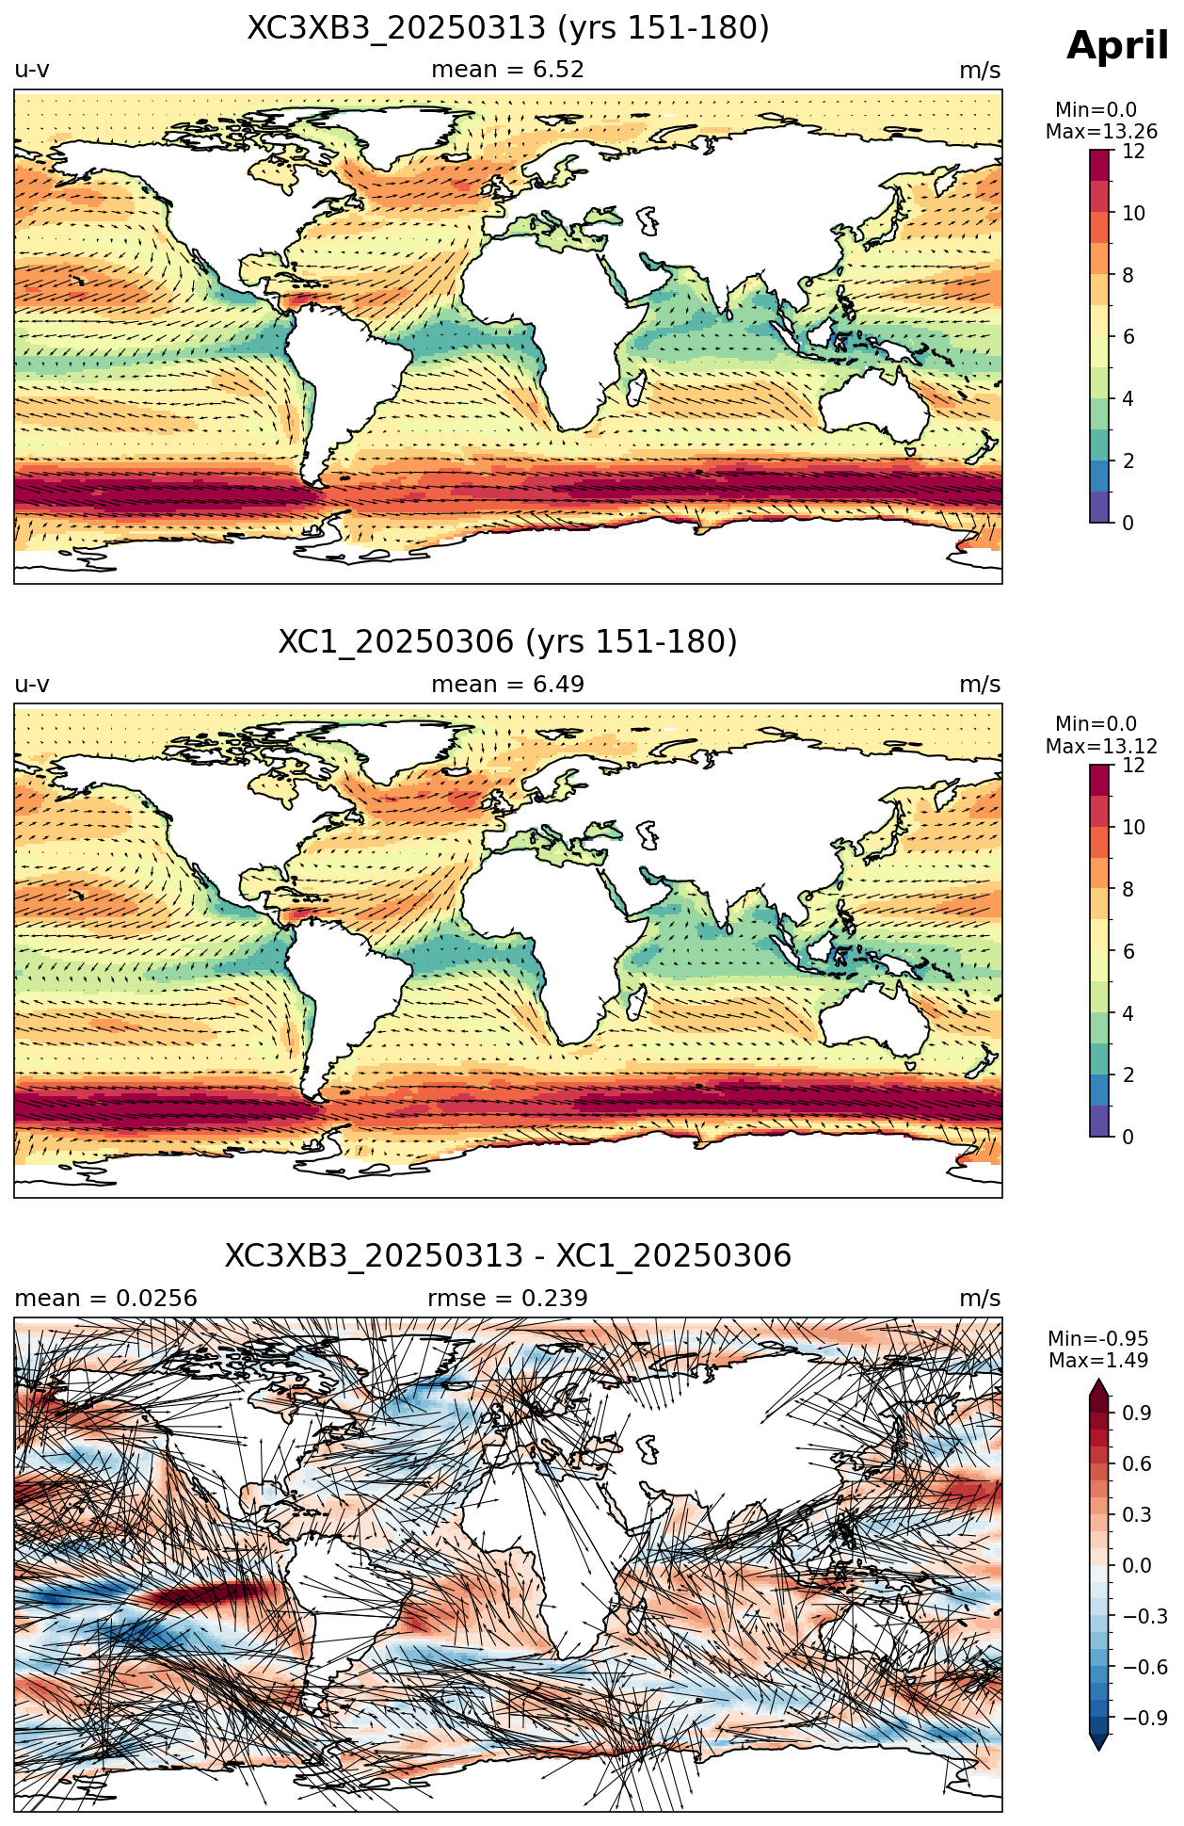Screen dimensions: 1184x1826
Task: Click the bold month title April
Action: tap(1117, 46)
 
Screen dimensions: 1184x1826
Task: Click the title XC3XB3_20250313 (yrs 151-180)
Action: tap(508, 28)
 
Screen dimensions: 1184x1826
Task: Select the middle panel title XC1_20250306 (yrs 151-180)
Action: tap(508, 642)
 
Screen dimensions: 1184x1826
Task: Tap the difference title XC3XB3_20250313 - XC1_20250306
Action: tap(508, 1256)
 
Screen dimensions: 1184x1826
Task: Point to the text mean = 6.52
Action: tap(508, 70)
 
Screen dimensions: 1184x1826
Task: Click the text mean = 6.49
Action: tap(508, 685)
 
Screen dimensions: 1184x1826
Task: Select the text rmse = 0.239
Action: tap(508, 1299)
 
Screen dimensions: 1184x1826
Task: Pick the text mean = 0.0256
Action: tap(105, 1299)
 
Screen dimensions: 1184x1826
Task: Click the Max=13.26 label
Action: tap(1101, 132)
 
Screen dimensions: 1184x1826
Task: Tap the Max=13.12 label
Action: tap(1101, 746)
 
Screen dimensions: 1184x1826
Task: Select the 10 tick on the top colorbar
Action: tap(1133, 213)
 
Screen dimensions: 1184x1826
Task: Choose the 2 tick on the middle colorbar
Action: tap(1128, 1075)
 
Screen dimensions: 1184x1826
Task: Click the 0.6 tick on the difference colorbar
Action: tap(1137, 1463)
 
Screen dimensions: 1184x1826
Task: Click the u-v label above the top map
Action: tap(32, 70)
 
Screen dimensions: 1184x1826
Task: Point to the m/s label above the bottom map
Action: tap(980, 1299)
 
